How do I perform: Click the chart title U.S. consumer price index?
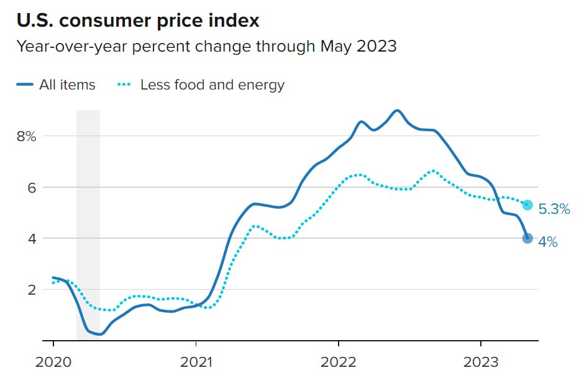pos(138,21)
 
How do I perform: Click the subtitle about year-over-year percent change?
pos(206,47)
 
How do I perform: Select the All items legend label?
pos(67,85)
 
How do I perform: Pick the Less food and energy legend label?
pos(212,85)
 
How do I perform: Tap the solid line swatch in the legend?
pos(25,85)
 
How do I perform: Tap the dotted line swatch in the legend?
pos(124,85)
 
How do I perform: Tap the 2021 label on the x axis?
pos(196,361)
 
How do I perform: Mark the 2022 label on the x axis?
pos(338,361)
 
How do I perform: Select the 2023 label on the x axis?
pos(480,361)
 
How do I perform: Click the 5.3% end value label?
pos(554,210)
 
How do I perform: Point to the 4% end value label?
pos(548,242)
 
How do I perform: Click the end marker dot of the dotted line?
pos(527,205)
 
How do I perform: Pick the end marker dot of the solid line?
pos(527,238)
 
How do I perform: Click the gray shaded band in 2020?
pos(88,224)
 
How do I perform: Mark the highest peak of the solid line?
pos(398,111)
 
